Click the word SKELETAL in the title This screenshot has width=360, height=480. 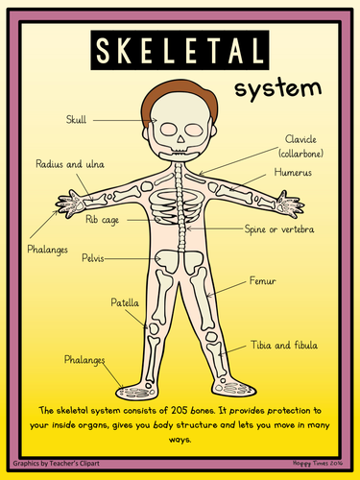coord(180,50)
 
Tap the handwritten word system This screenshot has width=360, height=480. coord(277,88)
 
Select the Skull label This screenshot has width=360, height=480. coord(76,120)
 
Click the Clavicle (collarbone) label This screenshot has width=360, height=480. coord(300,146)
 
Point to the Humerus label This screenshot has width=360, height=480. coord(293,172)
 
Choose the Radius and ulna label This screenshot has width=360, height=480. coord(70,164)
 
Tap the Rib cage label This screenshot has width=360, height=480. coord(102,220)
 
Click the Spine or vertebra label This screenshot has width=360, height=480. coord(279,229)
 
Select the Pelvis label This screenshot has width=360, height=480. coord(93,258)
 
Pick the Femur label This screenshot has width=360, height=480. coord(262,281)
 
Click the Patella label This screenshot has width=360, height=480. coord(125,302)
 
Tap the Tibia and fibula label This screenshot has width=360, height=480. coord(284,345)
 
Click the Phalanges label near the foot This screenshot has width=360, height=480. coord(84,360)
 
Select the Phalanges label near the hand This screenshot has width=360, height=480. coord(47,250)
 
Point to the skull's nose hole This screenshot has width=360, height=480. coord(181,139)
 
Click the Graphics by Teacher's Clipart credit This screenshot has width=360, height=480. coord(57,463)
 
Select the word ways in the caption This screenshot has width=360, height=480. coord(180,440)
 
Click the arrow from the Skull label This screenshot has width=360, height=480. coord(125,120)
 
